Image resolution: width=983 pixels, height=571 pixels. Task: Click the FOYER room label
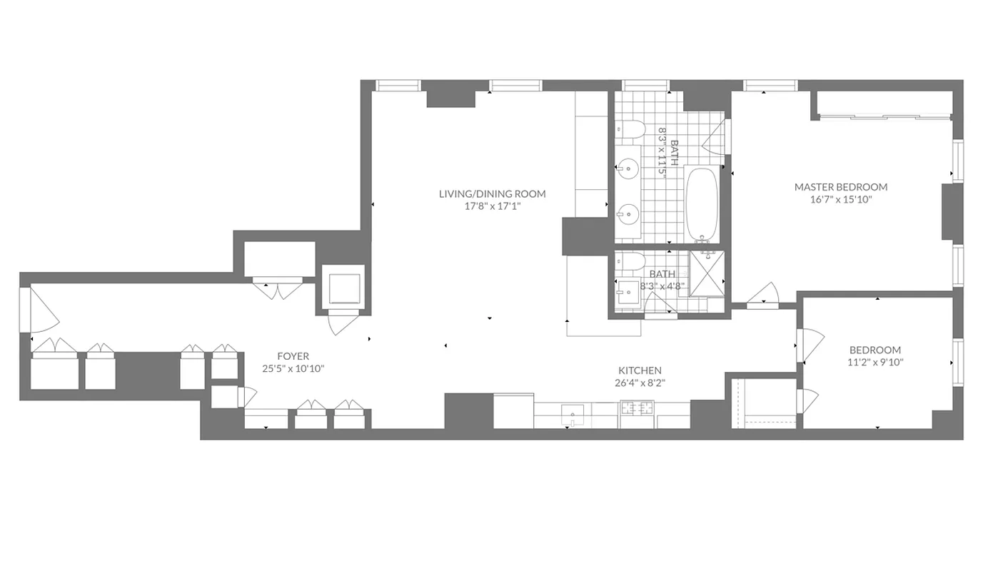point(293,356)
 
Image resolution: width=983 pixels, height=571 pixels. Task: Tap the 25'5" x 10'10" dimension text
point(293,369)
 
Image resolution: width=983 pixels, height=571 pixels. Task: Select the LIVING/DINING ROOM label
point(492,193)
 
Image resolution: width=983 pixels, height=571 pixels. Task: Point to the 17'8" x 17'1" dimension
point(492,206)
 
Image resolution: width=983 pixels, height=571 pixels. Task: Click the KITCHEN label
point(640,370)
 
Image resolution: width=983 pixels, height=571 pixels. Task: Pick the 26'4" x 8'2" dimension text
point(640,383)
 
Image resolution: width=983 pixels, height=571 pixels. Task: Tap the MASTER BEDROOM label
point(841,187)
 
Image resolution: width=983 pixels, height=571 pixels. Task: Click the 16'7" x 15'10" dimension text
point(841,200)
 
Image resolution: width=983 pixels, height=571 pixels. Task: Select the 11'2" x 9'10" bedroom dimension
point(874,363)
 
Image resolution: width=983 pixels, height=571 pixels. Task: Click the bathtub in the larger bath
point(703,203)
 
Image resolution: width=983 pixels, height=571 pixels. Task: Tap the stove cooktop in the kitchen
point(637,409)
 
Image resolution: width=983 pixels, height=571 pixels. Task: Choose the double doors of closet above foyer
point(279,289)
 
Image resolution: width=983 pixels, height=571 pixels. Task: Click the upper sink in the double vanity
point(628,170)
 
